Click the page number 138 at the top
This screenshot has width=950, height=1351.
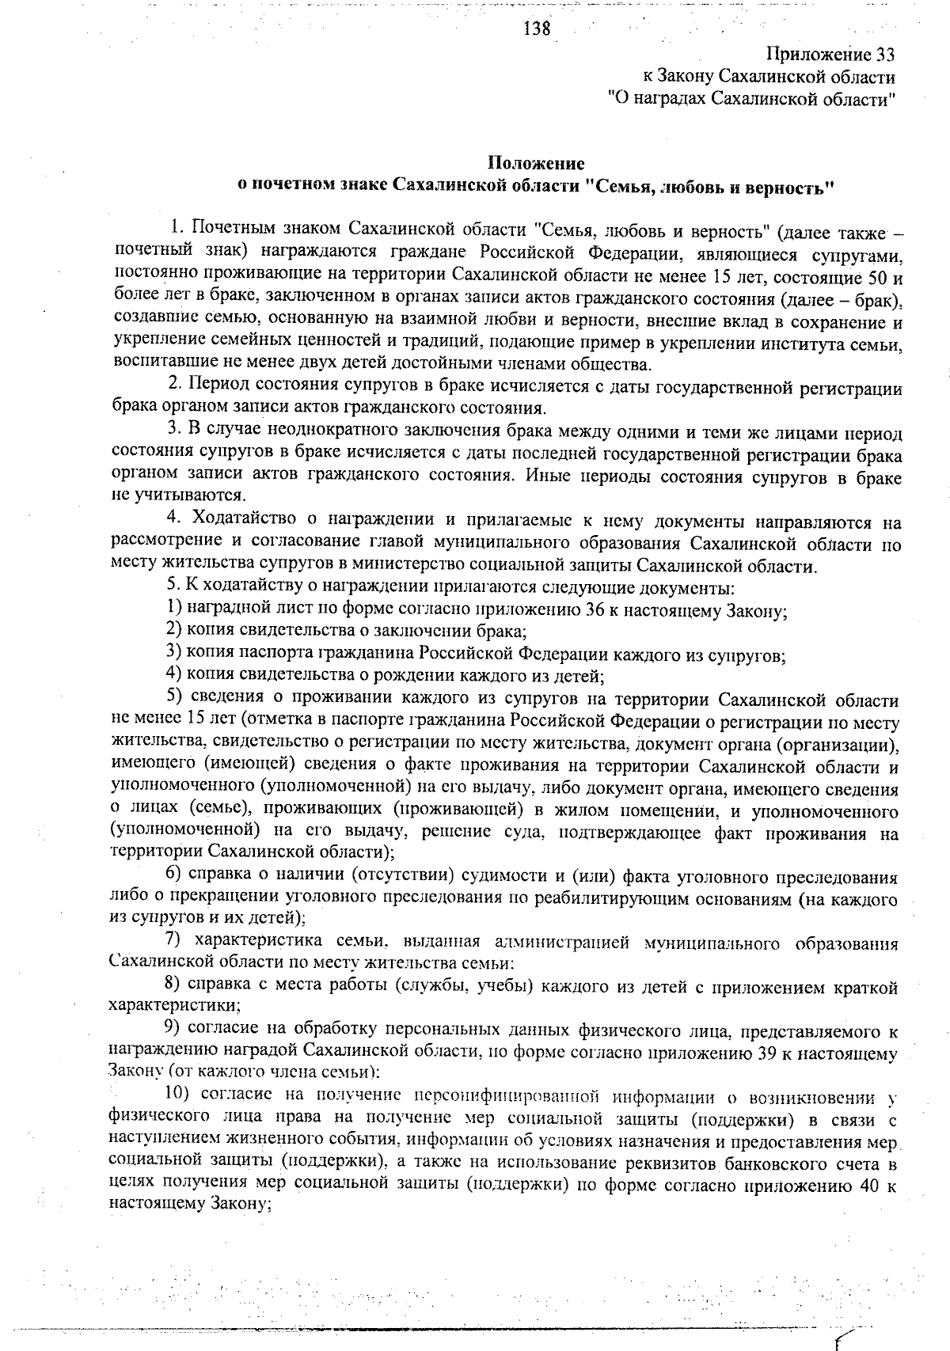tap(537, 29)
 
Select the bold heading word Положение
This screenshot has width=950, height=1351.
tap(536, 163)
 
